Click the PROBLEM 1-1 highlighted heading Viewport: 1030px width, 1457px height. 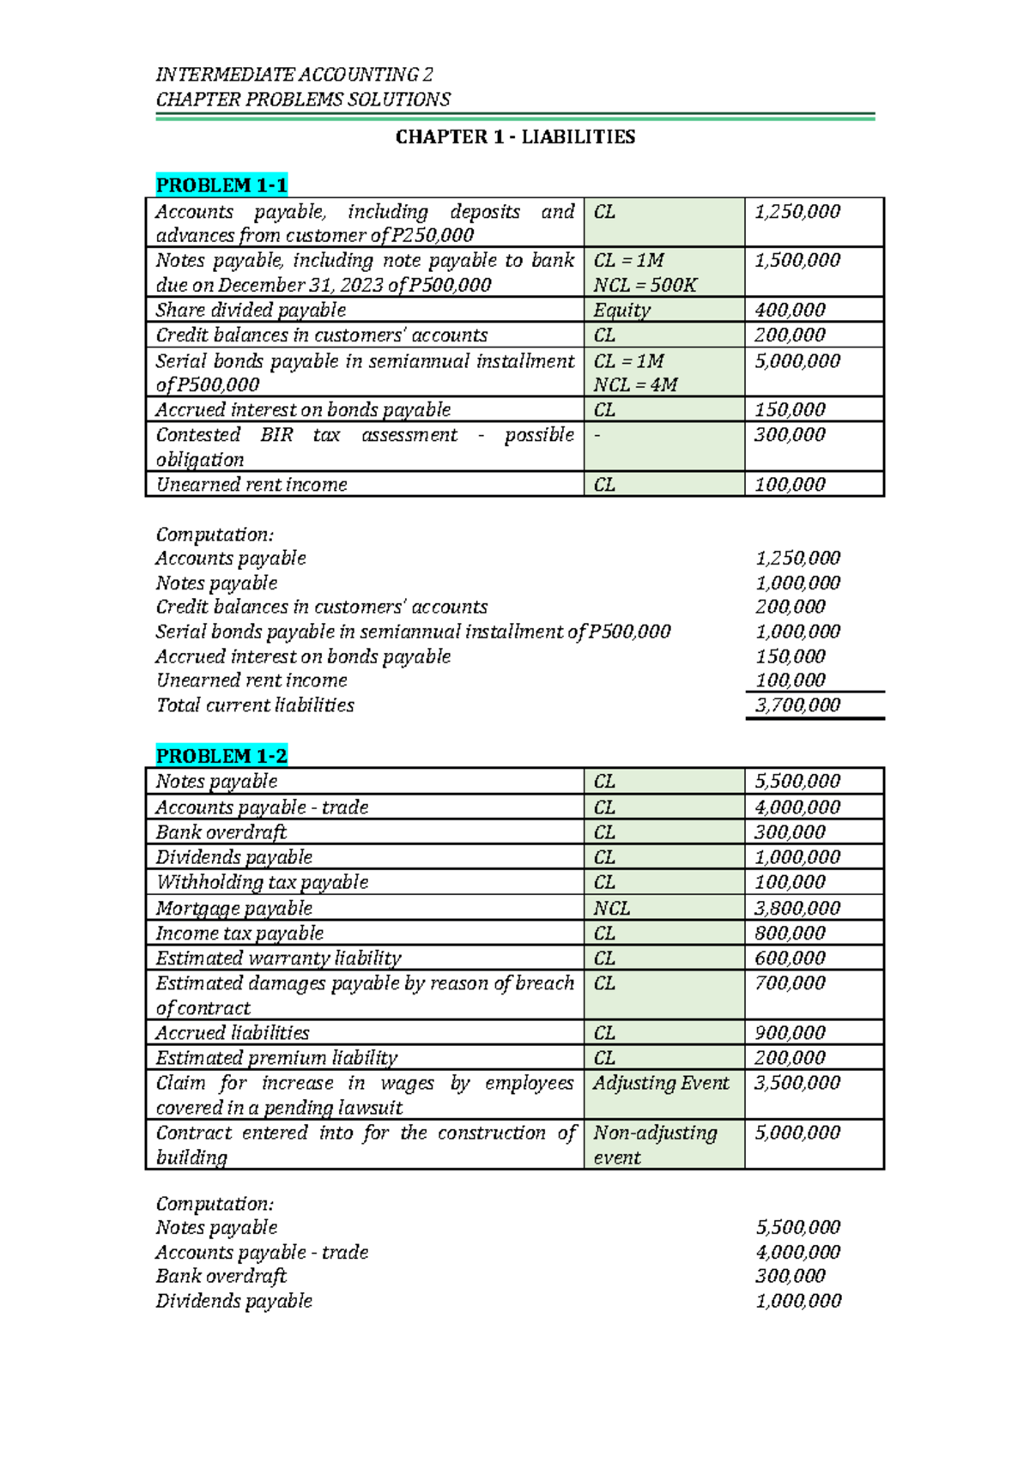tap(221, 185)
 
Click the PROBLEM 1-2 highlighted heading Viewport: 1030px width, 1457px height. tap(221, 756)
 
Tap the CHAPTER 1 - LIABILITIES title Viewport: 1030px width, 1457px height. tap(515, 137)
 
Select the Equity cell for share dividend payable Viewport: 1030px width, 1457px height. tap(621, 310)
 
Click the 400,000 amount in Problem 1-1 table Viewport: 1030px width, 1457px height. tap(790, 310)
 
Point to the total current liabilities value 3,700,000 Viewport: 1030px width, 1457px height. tap(797, 705)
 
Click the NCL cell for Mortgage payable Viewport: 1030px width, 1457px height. tap(611, 908)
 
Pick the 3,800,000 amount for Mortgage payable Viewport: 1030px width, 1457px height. tap(797, 908)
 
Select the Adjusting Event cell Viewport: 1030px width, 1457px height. tap(661, 1083)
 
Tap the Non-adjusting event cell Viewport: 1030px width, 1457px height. tap(654, 1145)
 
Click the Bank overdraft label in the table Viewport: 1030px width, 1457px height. tap(221, 832)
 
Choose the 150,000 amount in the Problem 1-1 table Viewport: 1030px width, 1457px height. tap(790, 410)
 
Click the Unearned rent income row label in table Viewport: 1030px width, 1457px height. tap(251, 485)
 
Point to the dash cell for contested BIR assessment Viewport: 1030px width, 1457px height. tap(598, 436)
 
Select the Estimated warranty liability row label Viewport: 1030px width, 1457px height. tap(278, 958)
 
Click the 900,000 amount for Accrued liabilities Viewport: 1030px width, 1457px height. tap(790, 1033)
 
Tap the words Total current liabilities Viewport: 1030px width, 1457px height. tap(255, 705)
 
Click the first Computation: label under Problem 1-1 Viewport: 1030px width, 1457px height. tap(215, 535)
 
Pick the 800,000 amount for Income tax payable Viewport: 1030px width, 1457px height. tap(790, 934)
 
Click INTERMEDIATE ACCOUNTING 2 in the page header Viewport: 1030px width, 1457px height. tap(294, 75)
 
